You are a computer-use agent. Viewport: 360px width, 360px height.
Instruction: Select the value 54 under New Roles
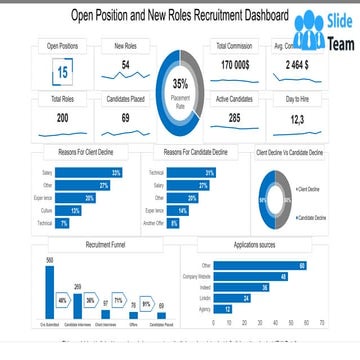(x=126, y=65)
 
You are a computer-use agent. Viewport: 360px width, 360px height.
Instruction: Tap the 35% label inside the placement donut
(x=180, y=83)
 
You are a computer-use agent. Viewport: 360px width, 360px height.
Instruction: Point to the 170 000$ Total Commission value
(x=235, y=65)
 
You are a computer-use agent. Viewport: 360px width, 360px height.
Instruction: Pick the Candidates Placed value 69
(x=126, y=118)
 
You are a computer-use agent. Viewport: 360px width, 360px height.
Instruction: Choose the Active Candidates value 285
(x=235, y=118)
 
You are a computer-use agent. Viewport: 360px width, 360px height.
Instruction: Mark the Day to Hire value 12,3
(x=297, y=119)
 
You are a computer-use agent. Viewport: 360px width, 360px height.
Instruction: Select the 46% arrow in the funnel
(x=63, y=300)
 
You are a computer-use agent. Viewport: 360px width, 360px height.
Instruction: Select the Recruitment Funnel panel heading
(x=105, y=244)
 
